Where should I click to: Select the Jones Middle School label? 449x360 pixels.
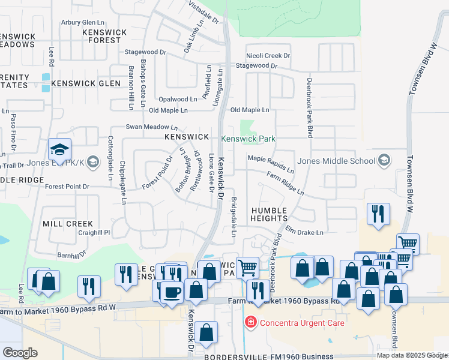pyautogui.click(x=336, y=161)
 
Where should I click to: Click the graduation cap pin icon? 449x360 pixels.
pyautogui.click(x=60, y=149)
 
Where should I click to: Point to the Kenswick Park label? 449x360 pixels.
pyautogui.click(x=248, y=139)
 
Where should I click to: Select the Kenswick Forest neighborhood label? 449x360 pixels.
pyautogui.click(x=105, y=36)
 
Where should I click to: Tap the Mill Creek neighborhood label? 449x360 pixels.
pyautogui.click(x=68, y=224)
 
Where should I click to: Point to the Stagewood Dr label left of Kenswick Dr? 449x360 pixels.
pyautogui.click(x=145, y=53)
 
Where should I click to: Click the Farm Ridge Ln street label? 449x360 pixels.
pyautogui.click(x=286, y=184)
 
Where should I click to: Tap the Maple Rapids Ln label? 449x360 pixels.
pyautogui.click(x=271, y=163)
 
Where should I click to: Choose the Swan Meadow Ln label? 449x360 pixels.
pyautogui.click(x=151, y=127)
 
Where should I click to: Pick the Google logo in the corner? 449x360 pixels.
pyautogui.click(x=20, y=353)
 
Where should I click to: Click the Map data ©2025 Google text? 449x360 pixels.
pyautogui.click(x=412, y=355)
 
